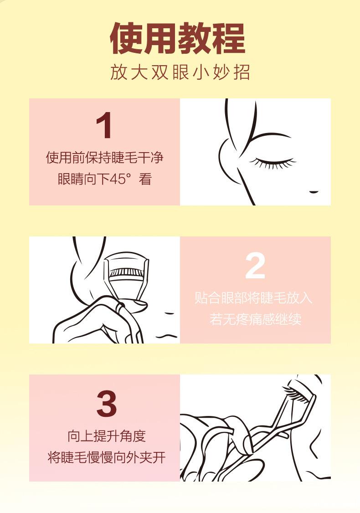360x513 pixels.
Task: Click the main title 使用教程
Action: click(x=178, y=38)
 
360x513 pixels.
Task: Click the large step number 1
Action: click(x=105, y=125)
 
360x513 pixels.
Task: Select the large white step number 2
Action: click(x=255, y=266)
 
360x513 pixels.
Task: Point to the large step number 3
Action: click(x=106, y=404)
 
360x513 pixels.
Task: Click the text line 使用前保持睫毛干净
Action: click(x=104, y=158)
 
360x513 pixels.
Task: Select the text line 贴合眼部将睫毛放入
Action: click(x=255, y=298)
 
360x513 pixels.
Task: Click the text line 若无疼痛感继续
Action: click(x=255, y=319)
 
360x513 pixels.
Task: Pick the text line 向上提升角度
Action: click(x=106, y=436)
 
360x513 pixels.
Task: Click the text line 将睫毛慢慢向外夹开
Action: click(x=106, y=457)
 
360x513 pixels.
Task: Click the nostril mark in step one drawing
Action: click(x=314, y=191)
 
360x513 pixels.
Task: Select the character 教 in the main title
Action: click(x=194, y=38)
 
